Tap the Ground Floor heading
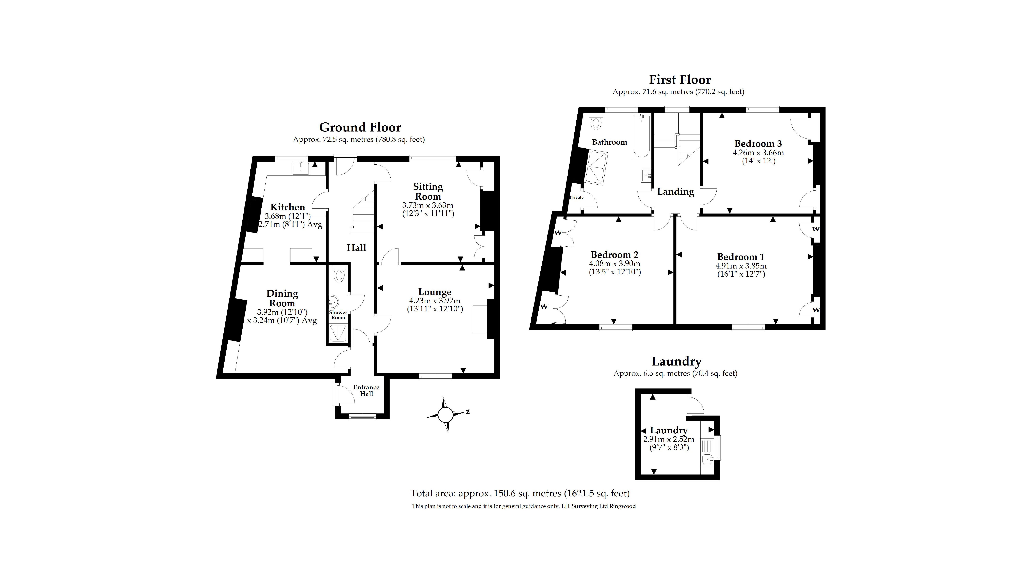[360, 127]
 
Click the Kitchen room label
[288, 207]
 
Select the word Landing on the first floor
[675, 192]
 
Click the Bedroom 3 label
[758, 143]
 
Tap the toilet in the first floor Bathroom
[596, 122]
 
